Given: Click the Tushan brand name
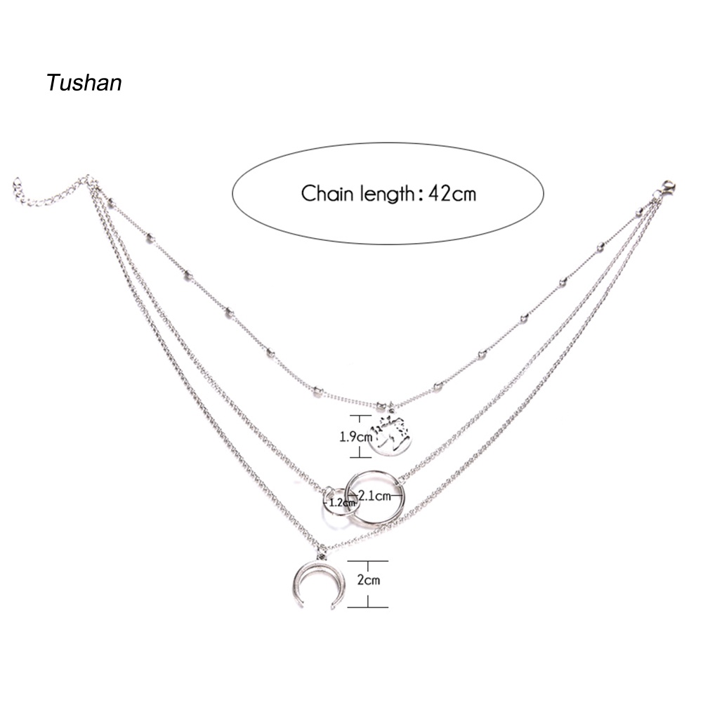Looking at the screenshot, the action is [84, 83].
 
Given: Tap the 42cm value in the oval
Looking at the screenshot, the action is [452, 193].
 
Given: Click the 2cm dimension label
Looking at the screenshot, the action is [369, 580].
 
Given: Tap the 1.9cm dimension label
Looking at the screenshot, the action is [355, 436].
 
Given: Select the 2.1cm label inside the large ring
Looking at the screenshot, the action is [374, 497].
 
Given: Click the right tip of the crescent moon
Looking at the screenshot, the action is [334, 604].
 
